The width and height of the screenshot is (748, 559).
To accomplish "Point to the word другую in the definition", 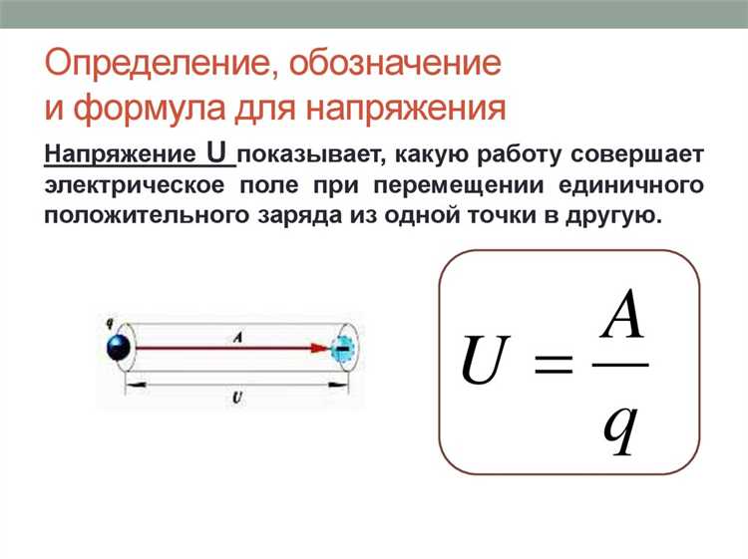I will point(615,215).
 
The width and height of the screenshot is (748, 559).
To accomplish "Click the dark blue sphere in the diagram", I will point(120,349).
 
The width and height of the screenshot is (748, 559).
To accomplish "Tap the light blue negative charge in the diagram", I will point(342,349).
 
